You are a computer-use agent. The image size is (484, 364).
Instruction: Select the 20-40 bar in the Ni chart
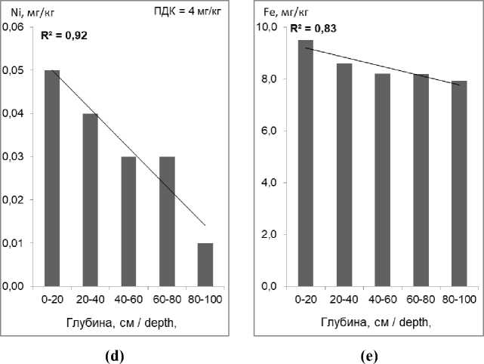point(90,200)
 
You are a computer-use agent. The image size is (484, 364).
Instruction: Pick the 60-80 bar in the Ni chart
point(167,222)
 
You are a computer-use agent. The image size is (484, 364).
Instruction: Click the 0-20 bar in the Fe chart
point(306,163)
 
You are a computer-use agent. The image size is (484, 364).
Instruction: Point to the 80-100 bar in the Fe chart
point(459,184)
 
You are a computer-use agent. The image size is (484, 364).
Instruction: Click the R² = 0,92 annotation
point(63,34)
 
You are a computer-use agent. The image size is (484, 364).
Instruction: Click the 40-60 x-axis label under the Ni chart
point(128,300)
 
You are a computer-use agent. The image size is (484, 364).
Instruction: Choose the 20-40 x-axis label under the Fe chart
point(344,300)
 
